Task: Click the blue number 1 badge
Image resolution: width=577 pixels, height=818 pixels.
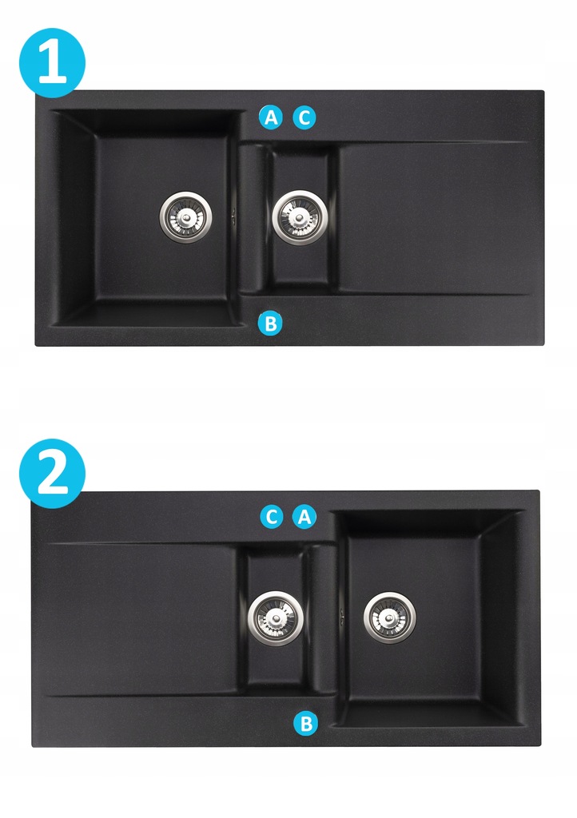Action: [x=52, y=62]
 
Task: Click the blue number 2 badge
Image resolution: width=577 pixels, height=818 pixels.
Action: [x=52, y=473]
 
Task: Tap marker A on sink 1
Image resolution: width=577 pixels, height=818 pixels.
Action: [x=271, y=118]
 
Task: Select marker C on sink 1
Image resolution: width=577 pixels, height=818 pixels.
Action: [x=304, y=118]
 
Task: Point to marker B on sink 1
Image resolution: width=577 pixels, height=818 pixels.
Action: [x=270, y=324]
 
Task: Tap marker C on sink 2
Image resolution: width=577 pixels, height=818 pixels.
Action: [x=271, y=517]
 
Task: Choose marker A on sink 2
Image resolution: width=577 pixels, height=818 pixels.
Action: [x=304, y=517]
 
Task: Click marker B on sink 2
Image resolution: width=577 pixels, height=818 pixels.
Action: [x=306, y=724]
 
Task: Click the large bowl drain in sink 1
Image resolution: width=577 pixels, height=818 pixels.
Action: [x=185, y=217]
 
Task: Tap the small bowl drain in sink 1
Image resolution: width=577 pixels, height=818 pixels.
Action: [x=300, y=217]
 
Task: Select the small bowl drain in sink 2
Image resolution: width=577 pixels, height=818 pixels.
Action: [x=275, y=619]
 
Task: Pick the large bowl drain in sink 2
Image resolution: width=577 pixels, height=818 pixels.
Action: [x=390, y=617]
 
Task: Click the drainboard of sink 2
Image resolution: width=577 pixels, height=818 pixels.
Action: [x=140, y=619]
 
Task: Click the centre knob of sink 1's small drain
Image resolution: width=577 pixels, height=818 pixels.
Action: [x=300, y=218]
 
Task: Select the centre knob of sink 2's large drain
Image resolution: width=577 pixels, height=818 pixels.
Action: [x=390, y=618]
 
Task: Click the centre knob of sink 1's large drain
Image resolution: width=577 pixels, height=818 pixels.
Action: [x=185, y=217]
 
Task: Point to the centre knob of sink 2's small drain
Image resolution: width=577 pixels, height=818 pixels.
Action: [x=275, y=619]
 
